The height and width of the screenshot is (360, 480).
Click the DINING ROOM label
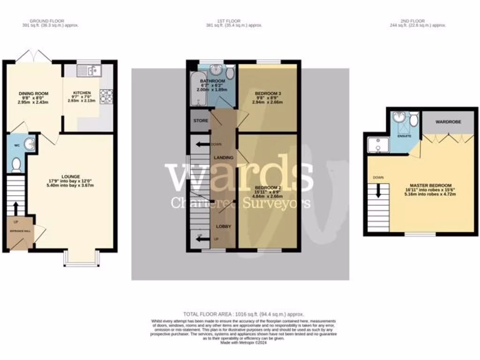click(33, 93)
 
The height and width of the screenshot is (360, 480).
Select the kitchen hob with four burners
click(106, 96)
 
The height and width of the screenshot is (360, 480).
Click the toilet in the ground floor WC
click(16, 165)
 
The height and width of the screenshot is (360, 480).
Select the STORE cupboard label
click(201, 120)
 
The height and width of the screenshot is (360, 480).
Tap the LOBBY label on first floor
click(223, 226)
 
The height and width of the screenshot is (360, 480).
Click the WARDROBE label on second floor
click(448, 121)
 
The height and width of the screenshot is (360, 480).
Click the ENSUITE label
click(404, 136)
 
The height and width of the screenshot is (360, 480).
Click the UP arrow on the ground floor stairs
click(16, 208)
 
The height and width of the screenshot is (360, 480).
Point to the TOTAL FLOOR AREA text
click(243, 314)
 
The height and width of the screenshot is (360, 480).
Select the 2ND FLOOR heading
click(412, 21)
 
